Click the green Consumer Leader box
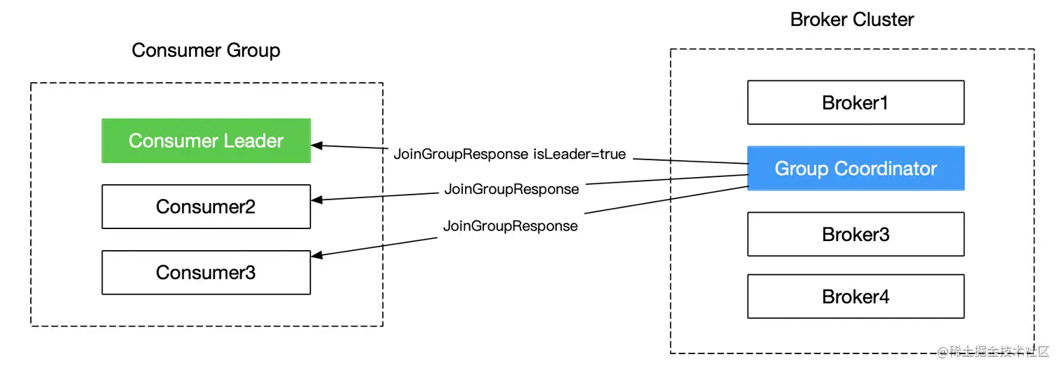coord(206,141)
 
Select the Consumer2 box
coord(206,207)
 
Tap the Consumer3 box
coord(206,273)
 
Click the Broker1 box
coord(855,103)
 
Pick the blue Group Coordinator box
coord(855,169)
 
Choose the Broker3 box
coord(855,235)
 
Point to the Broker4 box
coord(855,297)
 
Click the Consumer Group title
coord(206,51)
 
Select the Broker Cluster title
coord(852,19)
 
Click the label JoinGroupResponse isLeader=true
coord(509,154)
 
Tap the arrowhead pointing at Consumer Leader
coord(317,145)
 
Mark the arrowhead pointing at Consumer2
coord(317,200)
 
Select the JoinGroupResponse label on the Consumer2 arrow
coord(511,189)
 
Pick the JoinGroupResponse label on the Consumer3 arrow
coord(510,226)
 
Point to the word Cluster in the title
coord(884,19)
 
